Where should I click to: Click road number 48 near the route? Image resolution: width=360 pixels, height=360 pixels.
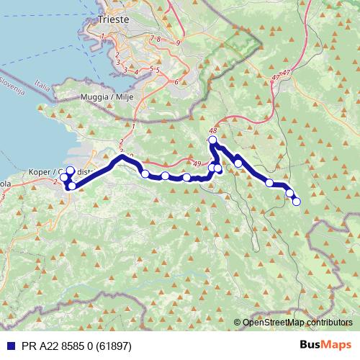(212, 131)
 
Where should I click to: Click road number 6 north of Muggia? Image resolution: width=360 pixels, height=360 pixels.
(176, 81)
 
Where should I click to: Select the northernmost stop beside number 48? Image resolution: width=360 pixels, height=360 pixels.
(212, 140)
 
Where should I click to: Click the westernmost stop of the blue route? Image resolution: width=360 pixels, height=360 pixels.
(63, 177)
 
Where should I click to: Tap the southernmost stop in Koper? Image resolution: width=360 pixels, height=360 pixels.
(72, 186)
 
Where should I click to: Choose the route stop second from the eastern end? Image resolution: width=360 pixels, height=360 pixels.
(290, 193)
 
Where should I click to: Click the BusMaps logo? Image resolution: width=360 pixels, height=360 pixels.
(328, 345)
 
